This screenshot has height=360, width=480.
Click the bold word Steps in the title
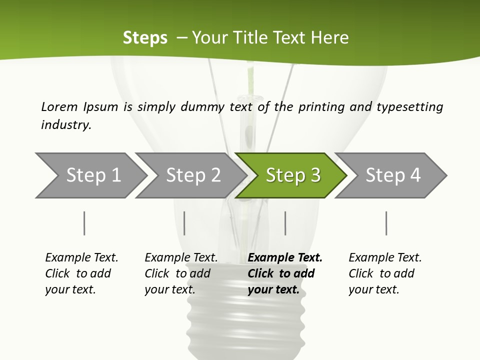145,38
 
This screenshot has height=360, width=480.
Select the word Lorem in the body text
59,107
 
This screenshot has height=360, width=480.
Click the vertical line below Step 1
84,223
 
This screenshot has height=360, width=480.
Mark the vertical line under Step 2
184,223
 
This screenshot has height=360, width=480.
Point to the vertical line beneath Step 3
285,223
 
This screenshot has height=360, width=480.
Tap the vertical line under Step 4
386,223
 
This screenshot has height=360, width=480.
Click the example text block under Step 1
81,273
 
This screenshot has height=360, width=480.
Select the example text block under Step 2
180,273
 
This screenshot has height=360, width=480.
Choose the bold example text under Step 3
284,273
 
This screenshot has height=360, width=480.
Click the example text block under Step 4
384,273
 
